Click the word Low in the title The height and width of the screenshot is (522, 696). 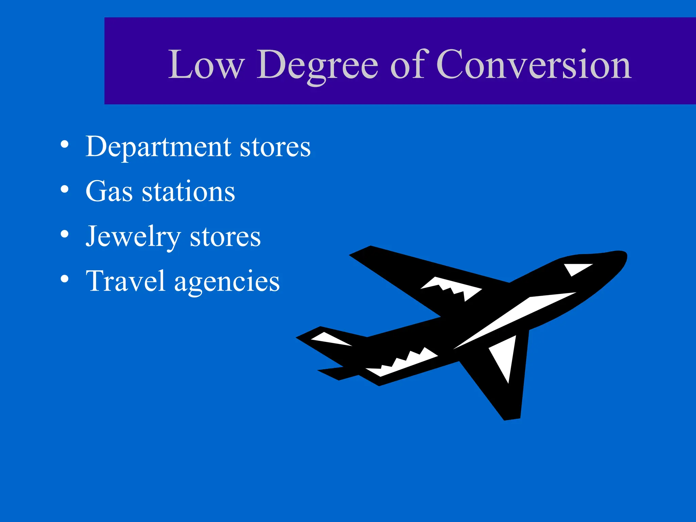[x=206, y=65]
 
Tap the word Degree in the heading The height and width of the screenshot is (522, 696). [x=317, y=65]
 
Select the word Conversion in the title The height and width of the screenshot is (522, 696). [x=534, y=65]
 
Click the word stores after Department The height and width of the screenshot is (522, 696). [x=275, y=147]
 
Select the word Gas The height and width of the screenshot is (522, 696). [x=109, y=192]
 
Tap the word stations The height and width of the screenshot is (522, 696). [x=188, y=192]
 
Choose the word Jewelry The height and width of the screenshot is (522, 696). [x=133, y=237]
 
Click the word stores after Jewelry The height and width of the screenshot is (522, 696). [x=225, y=237]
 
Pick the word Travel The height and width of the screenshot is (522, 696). [x=125, y=281]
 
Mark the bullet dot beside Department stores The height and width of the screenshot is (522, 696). [x=65, y=144]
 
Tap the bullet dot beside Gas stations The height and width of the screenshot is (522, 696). [x=65, y=189]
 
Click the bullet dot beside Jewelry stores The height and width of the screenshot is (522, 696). [x=65, y=234]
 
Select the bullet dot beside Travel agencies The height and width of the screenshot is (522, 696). [x=65, y=279]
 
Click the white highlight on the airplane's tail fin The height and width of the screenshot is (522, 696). [x=330, y=340]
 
